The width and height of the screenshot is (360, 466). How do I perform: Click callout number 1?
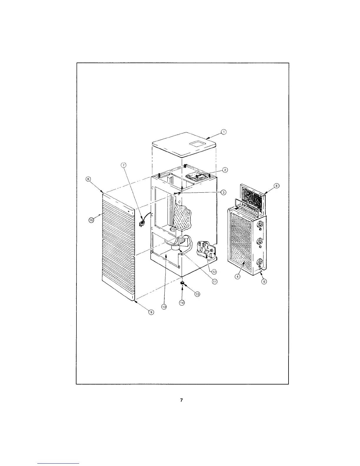click(224, 132)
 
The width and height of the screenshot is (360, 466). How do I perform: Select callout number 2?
click(225, 170)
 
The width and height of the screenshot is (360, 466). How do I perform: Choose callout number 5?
click(264, 282)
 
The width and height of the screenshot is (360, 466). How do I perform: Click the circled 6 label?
click(276, 186)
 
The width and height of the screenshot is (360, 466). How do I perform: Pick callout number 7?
click(124, 165)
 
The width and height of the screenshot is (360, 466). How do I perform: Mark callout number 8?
click(88, 179)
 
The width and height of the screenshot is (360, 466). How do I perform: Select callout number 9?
click(151, 312)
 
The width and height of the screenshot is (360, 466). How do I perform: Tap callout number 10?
click(197, 294)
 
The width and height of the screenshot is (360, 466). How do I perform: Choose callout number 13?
click(164, 307)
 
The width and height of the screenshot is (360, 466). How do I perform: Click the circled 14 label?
click(182, 303)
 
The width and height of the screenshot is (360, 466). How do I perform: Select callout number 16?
click(91, 220)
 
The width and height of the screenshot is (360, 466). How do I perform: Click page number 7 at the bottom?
click(181, 400)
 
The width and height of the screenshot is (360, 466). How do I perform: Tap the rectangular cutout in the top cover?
click(198, 144)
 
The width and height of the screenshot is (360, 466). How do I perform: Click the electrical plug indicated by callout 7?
click(141, 224)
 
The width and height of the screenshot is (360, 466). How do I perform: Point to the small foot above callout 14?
click(182, 283)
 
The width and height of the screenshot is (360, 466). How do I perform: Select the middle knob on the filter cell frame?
click(260, 242)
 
